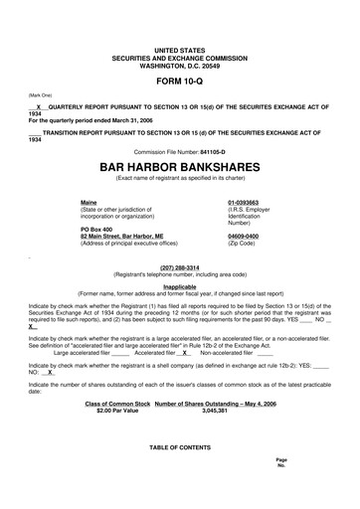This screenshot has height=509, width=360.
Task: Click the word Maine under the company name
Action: tap(90, 203)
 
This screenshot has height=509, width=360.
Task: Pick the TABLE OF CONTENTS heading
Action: tap(179, 447)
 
